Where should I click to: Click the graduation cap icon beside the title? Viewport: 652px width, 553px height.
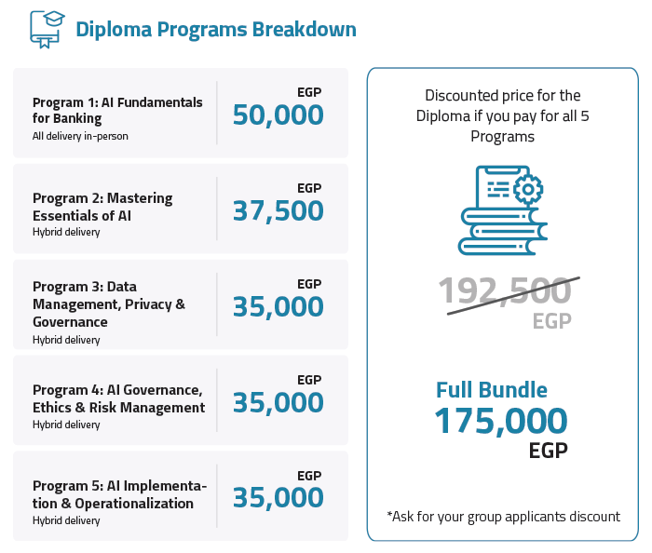pos(46,27)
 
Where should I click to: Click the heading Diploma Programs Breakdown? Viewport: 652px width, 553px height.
pos(215,29)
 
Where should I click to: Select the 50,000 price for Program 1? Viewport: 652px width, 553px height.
pos(278,115)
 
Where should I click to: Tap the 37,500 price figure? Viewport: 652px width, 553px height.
pos(278,211)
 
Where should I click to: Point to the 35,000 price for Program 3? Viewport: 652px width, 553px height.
pos(278,307)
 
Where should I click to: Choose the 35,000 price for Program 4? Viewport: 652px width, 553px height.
pos(278,403)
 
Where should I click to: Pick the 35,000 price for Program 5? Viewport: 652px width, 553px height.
pos(278,499)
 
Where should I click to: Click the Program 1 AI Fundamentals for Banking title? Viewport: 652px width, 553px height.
pos(117,110)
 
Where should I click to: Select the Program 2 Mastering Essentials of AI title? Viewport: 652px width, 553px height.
pos(102,206)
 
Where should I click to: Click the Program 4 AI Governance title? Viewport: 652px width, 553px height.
pos(118,398)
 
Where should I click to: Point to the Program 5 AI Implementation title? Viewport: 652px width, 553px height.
pos(119,494)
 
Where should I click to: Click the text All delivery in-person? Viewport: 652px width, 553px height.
pos(80,136)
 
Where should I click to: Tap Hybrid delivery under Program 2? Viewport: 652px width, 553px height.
pos(66,232)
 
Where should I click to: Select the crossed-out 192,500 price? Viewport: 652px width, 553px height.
pos(505,291)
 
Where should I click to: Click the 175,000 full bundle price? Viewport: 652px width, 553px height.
pos(500,422)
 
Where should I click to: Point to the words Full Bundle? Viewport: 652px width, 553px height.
pos(492,390)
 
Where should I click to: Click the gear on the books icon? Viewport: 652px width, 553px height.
pos(528,190)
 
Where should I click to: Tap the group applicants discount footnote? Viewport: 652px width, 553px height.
pos(503,517)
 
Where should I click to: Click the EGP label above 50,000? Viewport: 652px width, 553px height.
pos(309,92)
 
